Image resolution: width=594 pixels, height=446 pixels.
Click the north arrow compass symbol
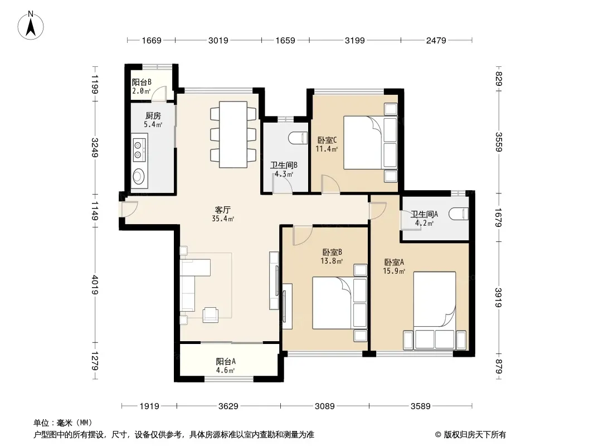pos(31,25)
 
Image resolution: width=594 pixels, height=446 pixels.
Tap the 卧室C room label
pos(327,140)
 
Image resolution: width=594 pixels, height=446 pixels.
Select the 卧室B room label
pos(332,252)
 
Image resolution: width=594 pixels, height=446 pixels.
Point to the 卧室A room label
pos(394,262)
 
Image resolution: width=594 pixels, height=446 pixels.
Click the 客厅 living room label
pos(223,210)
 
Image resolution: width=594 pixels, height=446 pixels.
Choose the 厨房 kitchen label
pos(153,115)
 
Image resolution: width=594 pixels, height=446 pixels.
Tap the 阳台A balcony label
pos(226,361)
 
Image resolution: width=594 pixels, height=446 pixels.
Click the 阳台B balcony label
pos(142,82)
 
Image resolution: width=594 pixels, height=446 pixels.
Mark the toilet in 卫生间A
pos(459,214)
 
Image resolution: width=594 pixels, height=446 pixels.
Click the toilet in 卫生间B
pos(298,138)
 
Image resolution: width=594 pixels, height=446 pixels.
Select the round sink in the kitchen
pos(138,176)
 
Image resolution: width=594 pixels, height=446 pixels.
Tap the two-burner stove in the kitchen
pos(139,149)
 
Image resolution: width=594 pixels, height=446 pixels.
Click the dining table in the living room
pos(233,134)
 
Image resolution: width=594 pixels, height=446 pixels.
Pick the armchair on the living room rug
pos(210,314)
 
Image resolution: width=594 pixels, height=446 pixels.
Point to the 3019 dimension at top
pos(218,40)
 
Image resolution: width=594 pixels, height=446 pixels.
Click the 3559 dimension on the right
pos(499,142)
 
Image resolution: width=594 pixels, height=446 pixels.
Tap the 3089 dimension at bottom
pos(325,406)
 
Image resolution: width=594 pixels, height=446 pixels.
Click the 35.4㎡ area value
pos(223,219)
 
